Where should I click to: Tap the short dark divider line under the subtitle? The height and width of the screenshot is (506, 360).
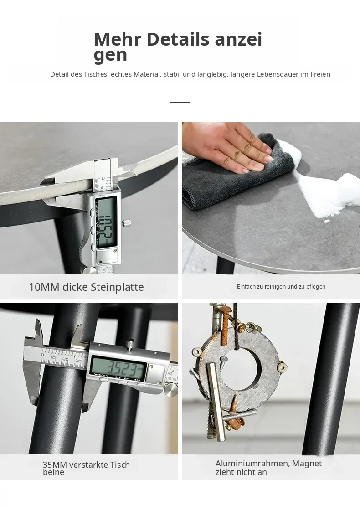coord(180,103)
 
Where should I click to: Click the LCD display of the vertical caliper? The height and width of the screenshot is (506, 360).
coord(106,222)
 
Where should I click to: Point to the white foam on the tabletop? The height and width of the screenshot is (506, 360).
coord(326,191)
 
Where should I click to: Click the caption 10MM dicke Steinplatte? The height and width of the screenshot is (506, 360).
coord(87,287)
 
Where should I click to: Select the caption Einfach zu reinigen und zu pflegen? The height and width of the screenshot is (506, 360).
coord(281,287)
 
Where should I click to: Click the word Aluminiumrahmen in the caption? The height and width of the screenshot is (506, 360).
coord(252,464)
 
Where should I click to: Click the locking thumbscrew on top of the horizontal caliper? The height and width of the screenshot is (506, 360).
coord(130,344)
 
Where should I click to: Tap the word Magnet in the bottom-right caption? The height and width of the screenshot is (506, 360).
coord(307,464)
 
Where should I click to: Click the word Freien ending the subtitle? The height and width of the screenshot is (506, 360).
coord(320,74)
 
